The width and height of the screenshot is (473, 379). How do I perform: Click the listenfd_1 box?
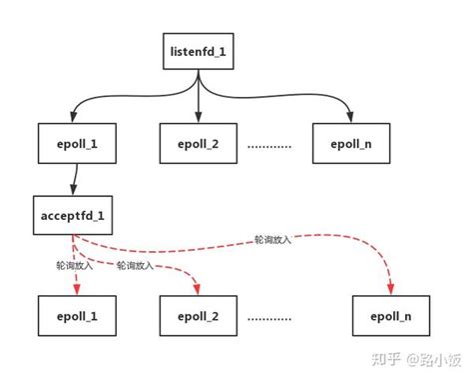pos(200,50)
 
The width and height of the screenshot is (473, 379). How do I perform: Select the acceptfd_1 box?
pos(72,217)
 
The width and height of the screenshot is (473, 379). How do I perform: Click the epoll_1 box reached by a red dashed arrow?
pos(72,316)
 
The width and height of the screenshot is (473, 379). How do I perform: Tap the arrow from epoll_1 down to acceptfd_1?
pos(73,182)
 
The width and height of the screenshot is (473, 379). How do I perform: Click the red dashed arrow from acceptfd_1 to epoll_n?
pos(299,247)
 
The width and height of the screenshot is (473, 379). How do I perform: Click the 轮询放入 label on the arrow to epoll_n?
pos(272,241)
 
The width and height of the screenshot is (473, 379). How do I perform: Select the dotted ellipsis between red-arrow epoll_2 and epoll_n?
pos(268,317)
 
